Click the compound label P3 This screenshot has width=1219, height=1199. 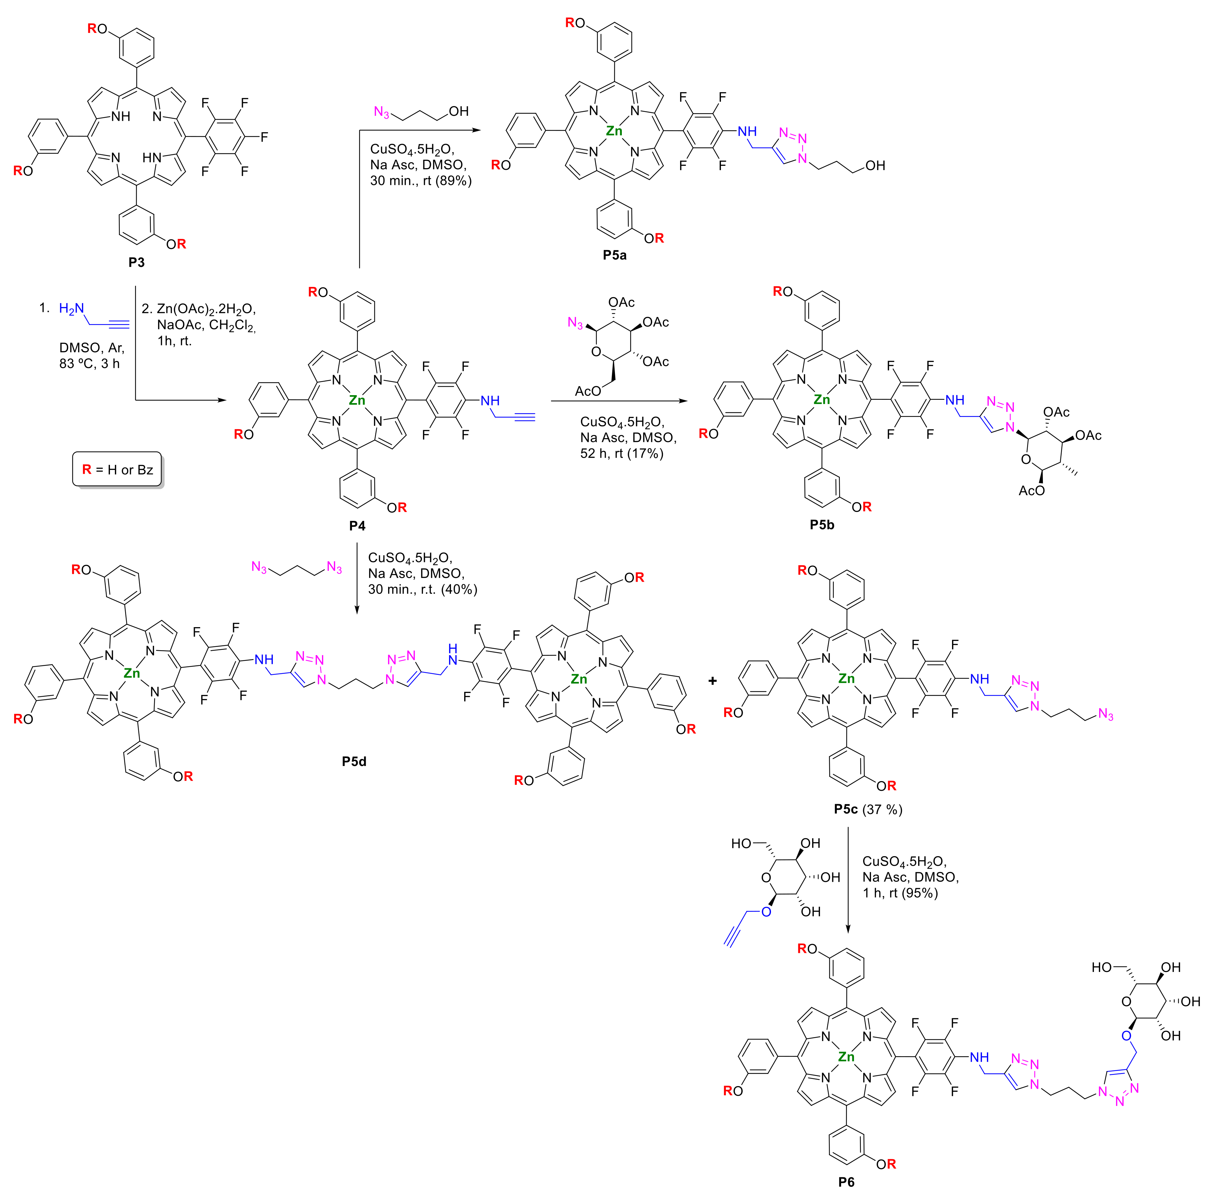[136, 262]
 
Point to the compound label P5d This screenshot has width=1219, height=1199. [354, 761]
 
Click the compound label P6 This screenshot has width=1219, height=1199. [846, 1182]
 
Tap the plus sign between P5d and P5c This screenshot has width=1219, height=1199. [712, 681]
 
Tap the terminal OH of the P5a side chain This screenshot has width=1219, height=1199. [875, 166]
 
